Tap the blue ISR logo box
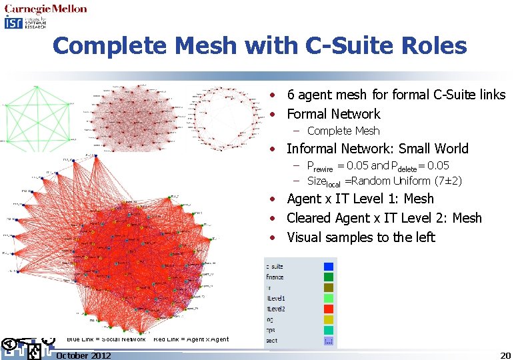(13, 23)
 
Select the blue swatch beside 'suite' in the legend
(328, 266)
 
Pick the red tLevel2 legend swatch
(328, 309)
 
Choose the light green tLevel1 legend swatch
(328, 298)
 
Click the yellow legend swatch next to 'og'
(328, 320)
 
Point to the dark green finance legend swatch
(328, 277)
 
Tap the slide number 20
(505, 355)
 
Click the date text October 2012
(83, 355)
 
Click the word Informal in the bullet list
(313, 149)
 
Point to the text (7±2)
(447, 181)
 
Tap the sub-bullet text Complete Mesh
(343, 131)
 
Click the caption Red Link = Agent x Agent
(191, 339)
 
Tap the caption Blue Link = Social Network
(106, 339)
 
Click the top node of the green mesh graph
(35, 87)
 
